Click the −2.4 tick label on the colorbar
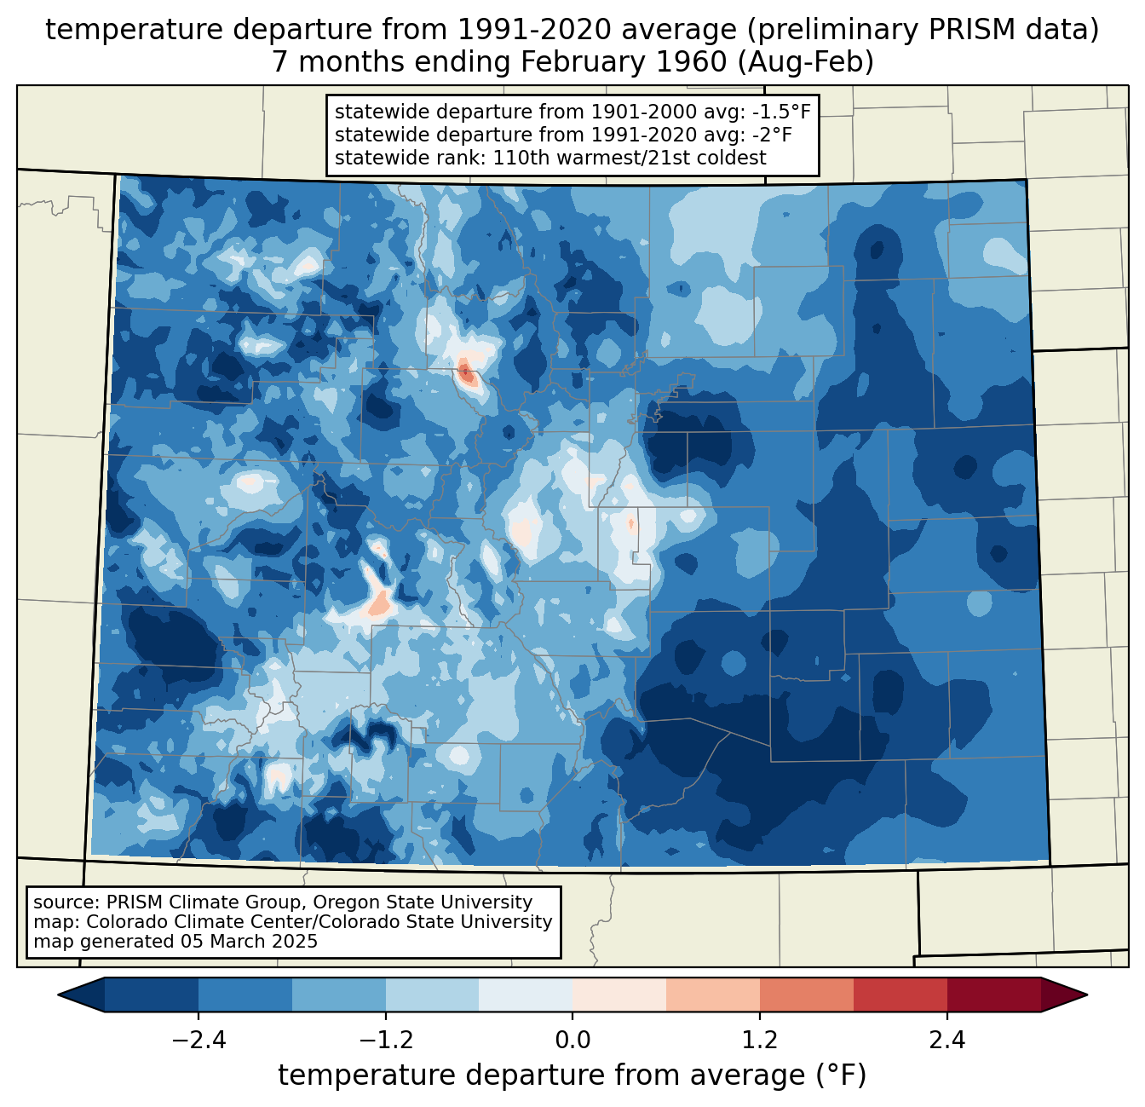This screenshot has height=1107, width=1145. (x=198, y=1041)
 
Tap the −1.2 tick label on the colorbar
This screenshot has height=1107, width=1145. (x=385, y=1041)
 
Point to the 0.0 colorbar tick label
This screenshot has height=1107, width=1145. (x=572, y=1041)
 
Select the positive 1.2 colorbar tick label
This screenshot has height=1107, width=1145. (x=760, y=1041)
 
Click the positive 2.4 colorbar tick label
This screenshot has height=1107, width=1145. (x=947, y=1041)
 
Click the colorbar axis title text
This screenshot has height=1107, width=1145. (x=572, y=1075)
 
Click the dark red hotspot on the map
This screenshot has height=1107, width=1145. (x=465, y=372)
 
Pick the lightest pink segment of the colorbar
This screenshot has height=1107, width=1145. (x=619, y=995)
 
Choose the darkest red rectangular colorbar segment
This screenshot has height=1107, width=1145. (x=994, y=995)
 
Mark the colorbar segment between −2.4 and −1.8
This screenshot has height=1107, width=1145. (x=245, y=995)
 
